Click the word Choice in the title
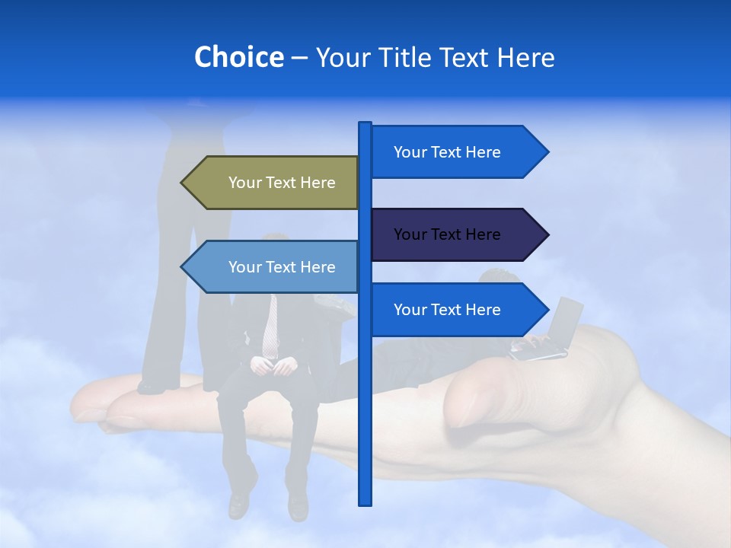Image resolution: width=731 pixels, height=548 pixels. [238, 57]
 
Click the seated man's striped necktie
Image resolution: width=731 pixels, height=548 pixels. [270, 327]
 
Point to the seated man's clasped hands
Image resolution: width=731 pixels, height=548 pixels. [273, 366]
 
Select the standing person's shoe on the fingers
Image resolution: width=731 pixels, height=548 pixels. [152, 387]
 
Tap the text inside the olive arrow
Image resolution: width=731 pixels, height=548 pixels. [282, 183]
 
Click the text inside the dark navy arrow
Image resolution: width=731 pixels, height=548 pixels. [447, 234]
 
